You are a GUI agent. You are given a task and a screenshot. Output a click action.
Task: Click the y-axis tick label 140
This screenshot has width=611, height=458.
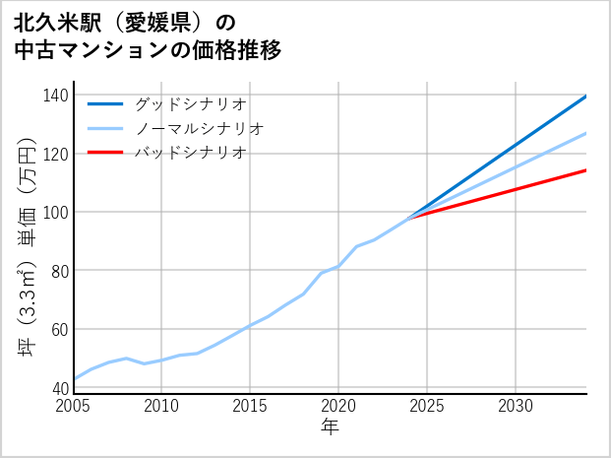tap(55, 96)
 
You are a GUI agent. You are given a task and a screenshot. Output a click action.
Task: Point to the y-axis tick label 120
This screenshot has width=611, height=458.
tap(55, 154)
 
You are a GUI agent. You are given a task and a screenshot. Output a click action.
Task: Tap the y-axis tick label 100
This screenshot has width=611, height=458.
tap(55, 212)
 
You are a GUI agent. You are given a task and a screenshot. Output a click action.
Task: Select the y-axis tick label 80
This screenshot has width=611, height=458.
tap(59, 271)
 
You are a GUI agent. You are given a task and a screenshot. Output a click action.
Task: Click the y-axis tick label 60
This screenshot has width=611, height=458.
tap(59, 329)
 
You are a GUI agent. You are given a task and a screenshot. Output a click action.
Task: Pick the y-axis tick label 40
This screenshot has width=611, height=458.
tap(59, 388)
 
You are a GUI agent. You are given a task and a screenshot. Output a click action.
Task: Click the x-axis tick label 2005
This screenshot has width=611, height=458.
tap(74, 406)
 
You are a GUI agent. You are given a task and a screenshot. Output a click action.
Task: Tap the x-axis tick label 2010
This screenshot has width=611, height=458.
tap(162, 406)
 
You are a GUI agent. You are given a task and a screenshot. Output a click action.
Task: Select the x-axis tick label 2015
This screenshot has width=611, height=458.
tap(251, 406)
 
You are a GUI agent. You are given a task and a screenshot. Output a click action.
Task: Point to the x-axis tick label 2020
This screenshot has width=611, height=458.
tap(338, 406)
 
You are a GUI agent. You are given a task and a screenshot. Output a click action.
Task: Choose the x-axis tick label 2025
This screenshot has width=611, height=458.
tap(427, 406)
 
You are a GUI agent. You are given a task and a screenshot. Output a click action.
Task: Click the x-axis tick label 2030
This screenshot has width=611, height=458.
tap(516, 406)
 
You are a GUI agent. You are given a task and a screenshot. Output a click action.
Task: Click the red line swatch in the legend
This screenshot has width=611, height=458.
tap(105, 153)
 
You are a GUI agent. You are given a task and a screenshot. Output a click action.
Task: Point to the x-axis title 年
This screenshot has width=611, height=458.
tap(331, 427)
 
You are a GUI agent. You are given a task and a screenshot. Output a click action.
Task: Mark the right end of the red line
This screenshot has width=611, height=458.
tap(586, 170)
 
